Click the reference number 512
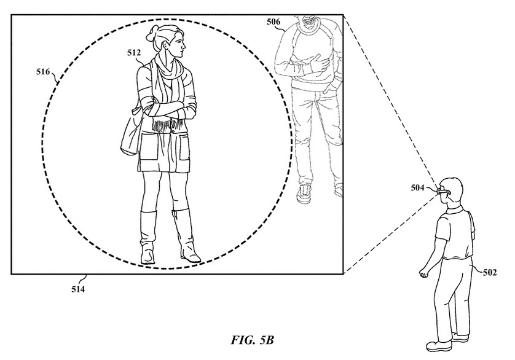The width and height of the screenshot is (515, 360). click(x=134, y=53)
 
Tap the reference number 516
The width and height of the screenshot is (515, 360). click(x=43, y=71)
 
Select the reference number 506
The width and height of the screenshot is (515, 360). click(x=273, y=22)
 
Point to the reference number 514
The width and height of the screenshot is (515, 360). click(x=78, y=289)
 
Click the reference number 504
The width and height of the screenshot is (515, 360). click(x=417, y=188)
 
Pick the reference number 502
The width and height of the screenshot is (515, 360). click(x=490, y=272)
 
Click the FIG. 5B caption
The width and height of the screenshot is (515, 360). click(x=252, y=340)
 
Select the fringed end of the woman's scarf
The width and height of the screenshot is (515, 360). click(x=167, y=125)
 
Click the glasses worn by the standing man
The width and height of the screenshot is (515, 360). click(x=442, y=192)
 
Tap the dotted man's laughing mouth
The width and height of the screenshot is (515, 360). click(x=309, y=22)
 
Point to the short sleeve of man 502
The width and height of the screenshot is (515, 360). click(x=442, y=227)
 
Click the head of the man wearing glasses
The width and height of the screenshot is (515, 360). click(x=451, y=190)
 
